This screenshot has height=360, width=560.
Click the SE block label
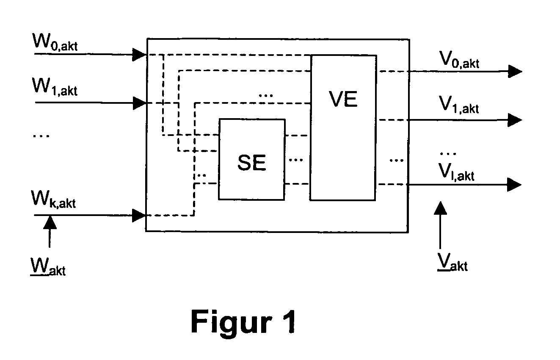pos(252,163)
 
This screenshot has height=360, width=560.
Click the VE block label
pos(343,99)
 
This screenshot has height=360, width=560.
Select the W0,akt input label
pos(55,42)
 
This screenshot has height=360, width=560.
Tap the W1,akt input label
pos(55,87)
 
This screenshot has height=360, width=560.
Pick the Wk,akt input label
pos(53,199)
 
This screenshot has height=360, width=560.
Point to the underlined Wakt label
pos(48,267)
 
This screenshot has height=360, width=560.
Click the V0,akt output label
pos(459,60)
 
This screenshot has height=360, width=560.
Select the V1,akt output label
pos(459,105)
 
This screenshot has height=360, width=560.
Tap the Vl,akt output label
pos(456,172)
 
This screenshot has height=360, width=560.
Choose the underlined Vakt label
pos(452,262)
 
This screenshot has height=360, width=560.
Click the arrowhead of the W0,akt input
pos(139,55)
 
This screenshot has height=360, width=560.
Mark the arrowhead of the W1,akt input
pos(140,103)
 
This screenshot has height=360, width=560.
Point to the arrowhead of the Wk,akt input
pos(139,216)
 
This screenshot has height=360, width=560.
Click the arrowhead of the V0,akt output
pos(515,71)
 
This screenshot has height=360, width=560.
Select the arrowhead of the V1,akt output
pos(515,120)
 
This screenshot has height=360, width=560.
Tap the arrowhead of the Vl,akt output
pos(514,185)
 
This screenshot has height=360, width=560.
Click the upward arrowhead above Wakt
pos(50,222)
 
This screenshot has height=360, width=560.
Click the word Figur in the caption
pos(232,323)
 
